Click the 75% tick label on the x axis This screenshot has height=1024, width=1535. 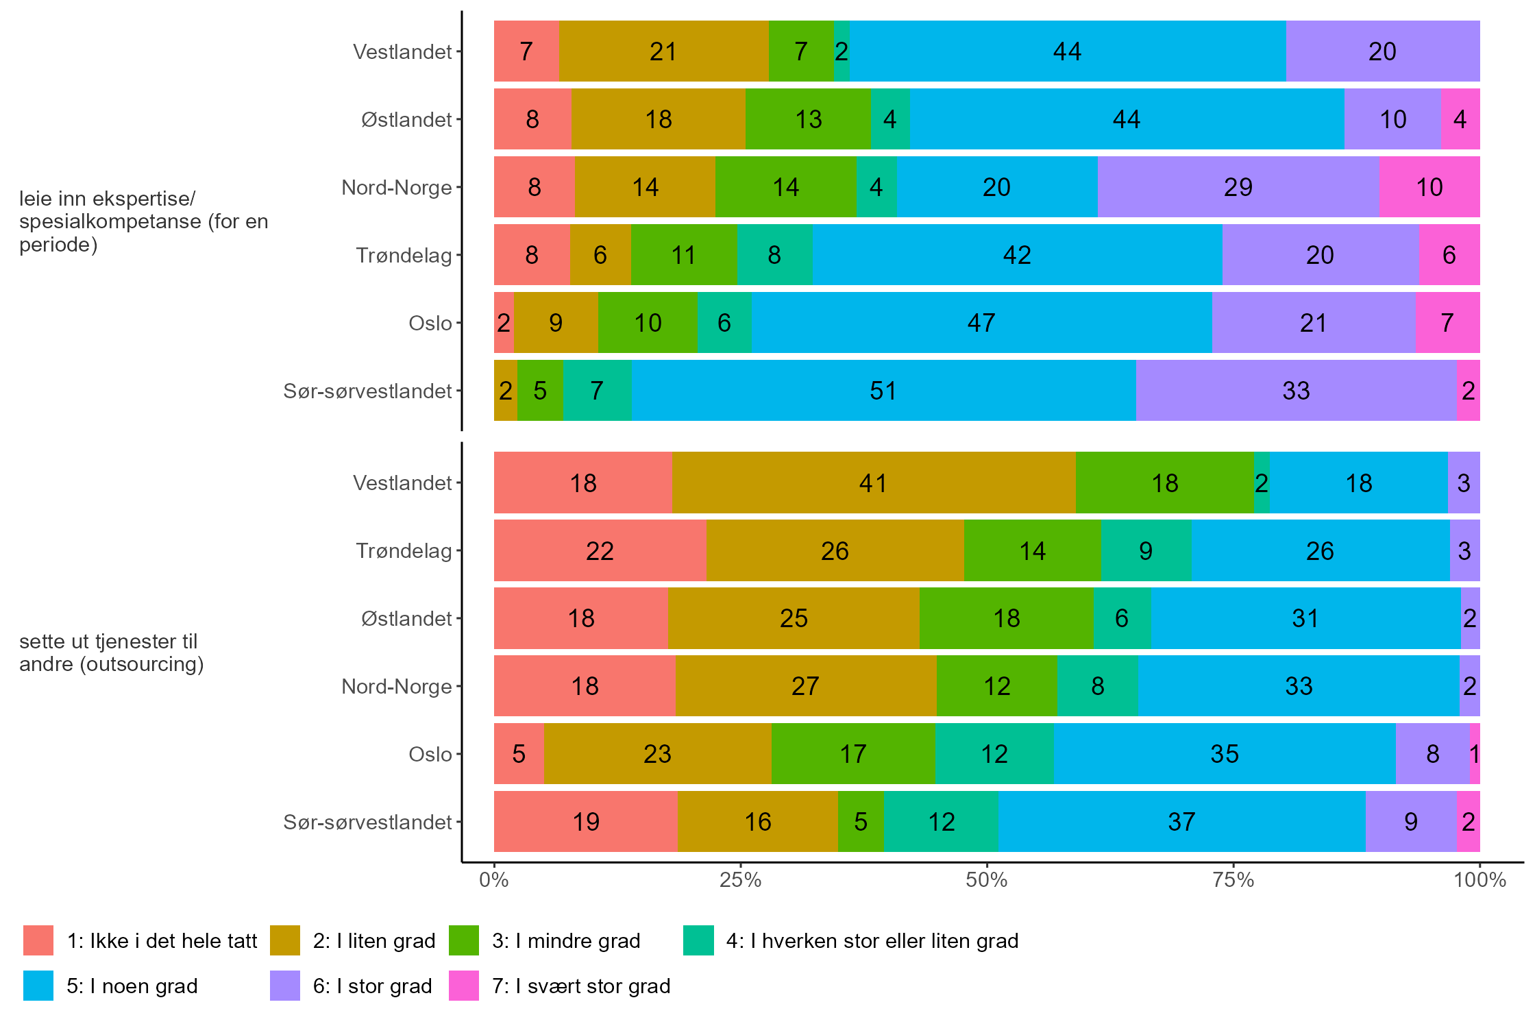[x=1233, y=880]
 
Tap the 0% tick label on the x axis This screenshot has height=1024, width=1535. [x=494, y=880]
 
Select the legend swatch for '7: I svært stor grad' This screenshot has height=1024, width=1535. [x=464, y=986]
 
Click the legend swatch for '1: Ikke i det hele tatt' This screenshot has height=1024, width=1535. [x=38, y=940]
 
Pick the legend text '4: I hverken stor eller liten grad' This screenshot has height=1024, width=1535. [x=872, y=940]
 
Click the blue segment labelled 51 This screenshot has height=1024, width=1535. [x=883, y=391]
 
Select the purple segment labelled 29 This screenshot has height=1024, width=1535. [x=1238, y=187]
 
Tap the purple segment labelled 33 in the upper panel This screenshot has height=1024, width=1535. [x=1296, y=391]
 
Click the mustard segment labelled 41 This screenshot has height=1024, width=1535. [x=873, y=483]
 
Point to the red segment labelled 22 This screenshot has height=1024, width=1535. [x=600, y=551]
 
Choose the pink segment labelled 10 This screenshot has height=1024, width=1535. [x=1429, y=187]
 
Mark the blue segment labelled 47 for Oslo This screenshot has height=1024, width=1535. [x=981, y=323]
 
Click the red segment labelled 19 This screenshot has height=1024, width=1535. [x=586, y=822]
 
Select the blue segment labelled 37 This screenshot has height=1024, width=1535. [x=1181, y=822]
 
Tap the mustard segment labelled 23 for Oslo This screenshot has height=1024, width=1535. [x=657, y=754]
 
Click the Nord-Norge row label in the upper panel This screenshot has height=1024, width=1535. [x=396, y=187]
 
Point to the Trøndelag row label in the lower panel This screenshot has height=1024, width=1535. [x=404, y=551]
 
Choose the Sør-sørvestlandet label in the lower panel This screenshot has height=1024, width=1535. [x=367, y=822]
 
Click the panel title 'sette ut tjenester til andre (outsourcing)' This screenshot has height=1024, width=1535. [x=111, y=653]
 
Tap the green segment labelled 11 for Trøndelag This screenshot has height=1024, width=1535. [x=683, y=255]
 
